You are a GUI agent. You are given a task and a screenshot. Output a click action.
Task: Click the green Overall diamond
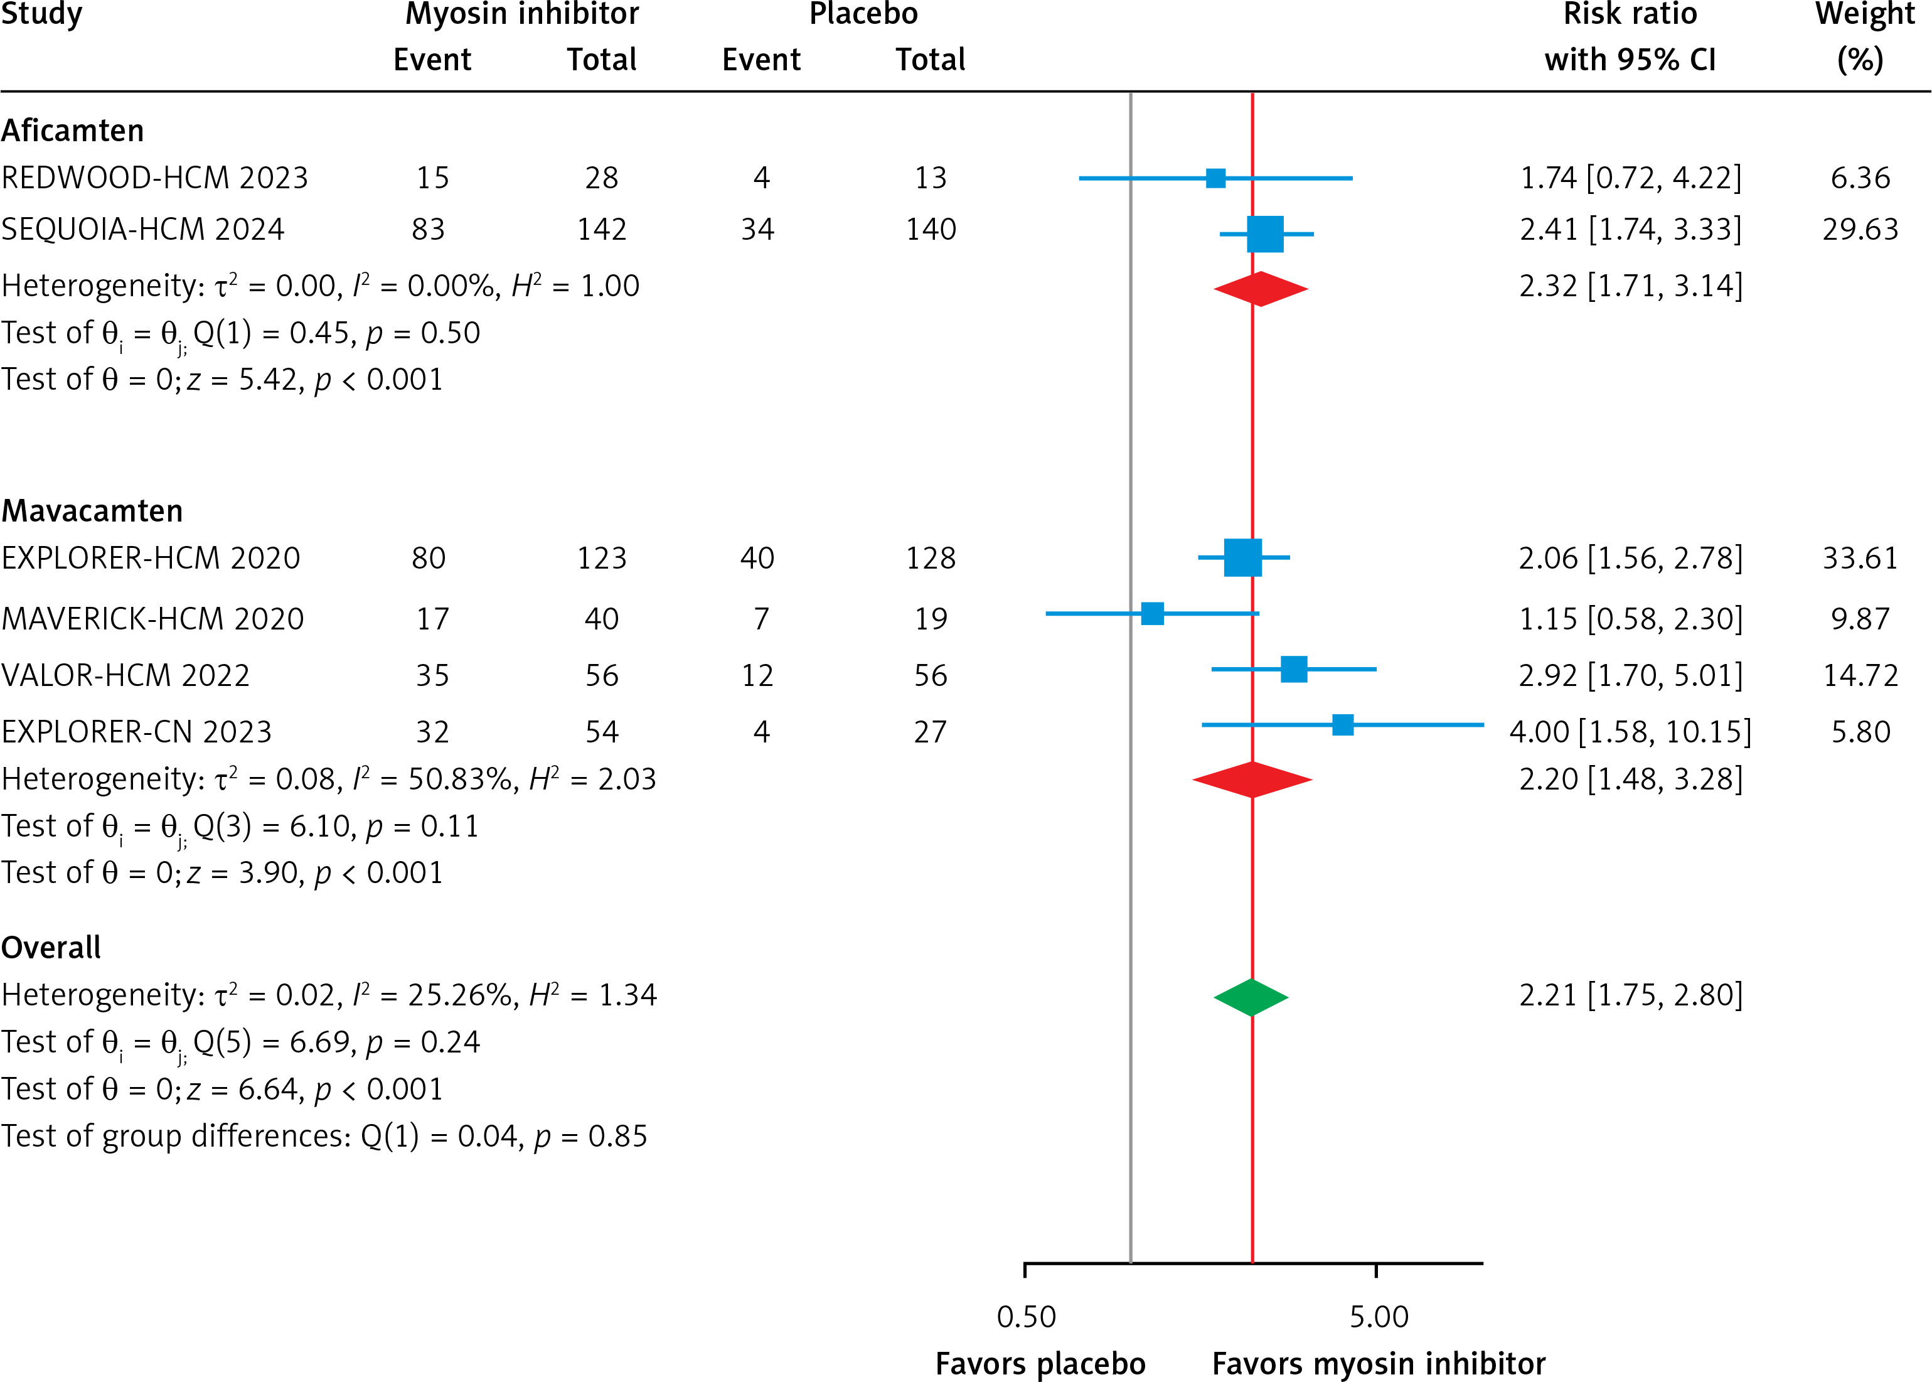tap(1251, 997)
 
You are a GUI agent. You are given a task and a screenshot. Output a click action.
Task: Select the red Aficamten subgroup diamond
tap(1261, 289)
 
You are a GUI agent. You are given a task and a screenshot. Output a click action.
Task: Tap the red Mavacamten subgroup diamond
tap(1252, 779)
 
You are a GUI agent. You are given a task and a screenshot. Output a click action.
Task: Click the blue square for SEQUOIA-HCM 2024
tap(1265, 234)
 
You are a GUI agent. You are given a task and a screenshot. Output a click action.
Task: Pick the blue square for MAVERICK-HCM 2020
tap(1152, 614)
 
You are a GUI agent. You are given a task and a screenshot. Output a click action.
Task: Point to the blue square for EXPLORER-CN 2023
tap(1342, 725)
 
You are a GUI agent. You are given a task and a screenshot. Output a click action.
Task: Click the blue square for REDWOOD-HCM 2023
tap(1215, 179)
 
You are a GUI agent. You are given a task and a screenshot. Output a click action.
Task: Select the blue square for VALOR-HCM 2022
tap(1294, 670)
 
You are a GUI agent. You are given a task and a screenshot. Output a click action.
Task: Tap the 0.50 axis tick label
tap(1026, 1317)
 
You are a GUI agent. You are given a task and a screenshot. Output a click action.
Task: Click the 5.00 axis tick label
tap(1378, 1317)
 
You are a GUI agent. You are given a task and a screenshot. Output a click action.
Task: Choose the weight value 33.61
tap(1860, 558)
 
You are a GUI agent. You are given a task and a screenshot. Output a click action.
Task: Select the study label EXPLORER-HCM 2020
tap(151, 558)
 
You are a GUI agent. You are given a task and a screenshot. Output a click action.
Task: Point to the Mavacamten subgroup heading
tap(92, 511)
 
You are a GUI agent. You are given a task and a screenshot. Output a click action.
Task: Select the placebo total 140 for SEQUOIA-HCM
tap(931, 229)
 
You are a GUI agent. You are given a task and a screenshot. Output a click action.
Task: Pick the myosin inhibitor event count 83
tap(428, 229)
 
